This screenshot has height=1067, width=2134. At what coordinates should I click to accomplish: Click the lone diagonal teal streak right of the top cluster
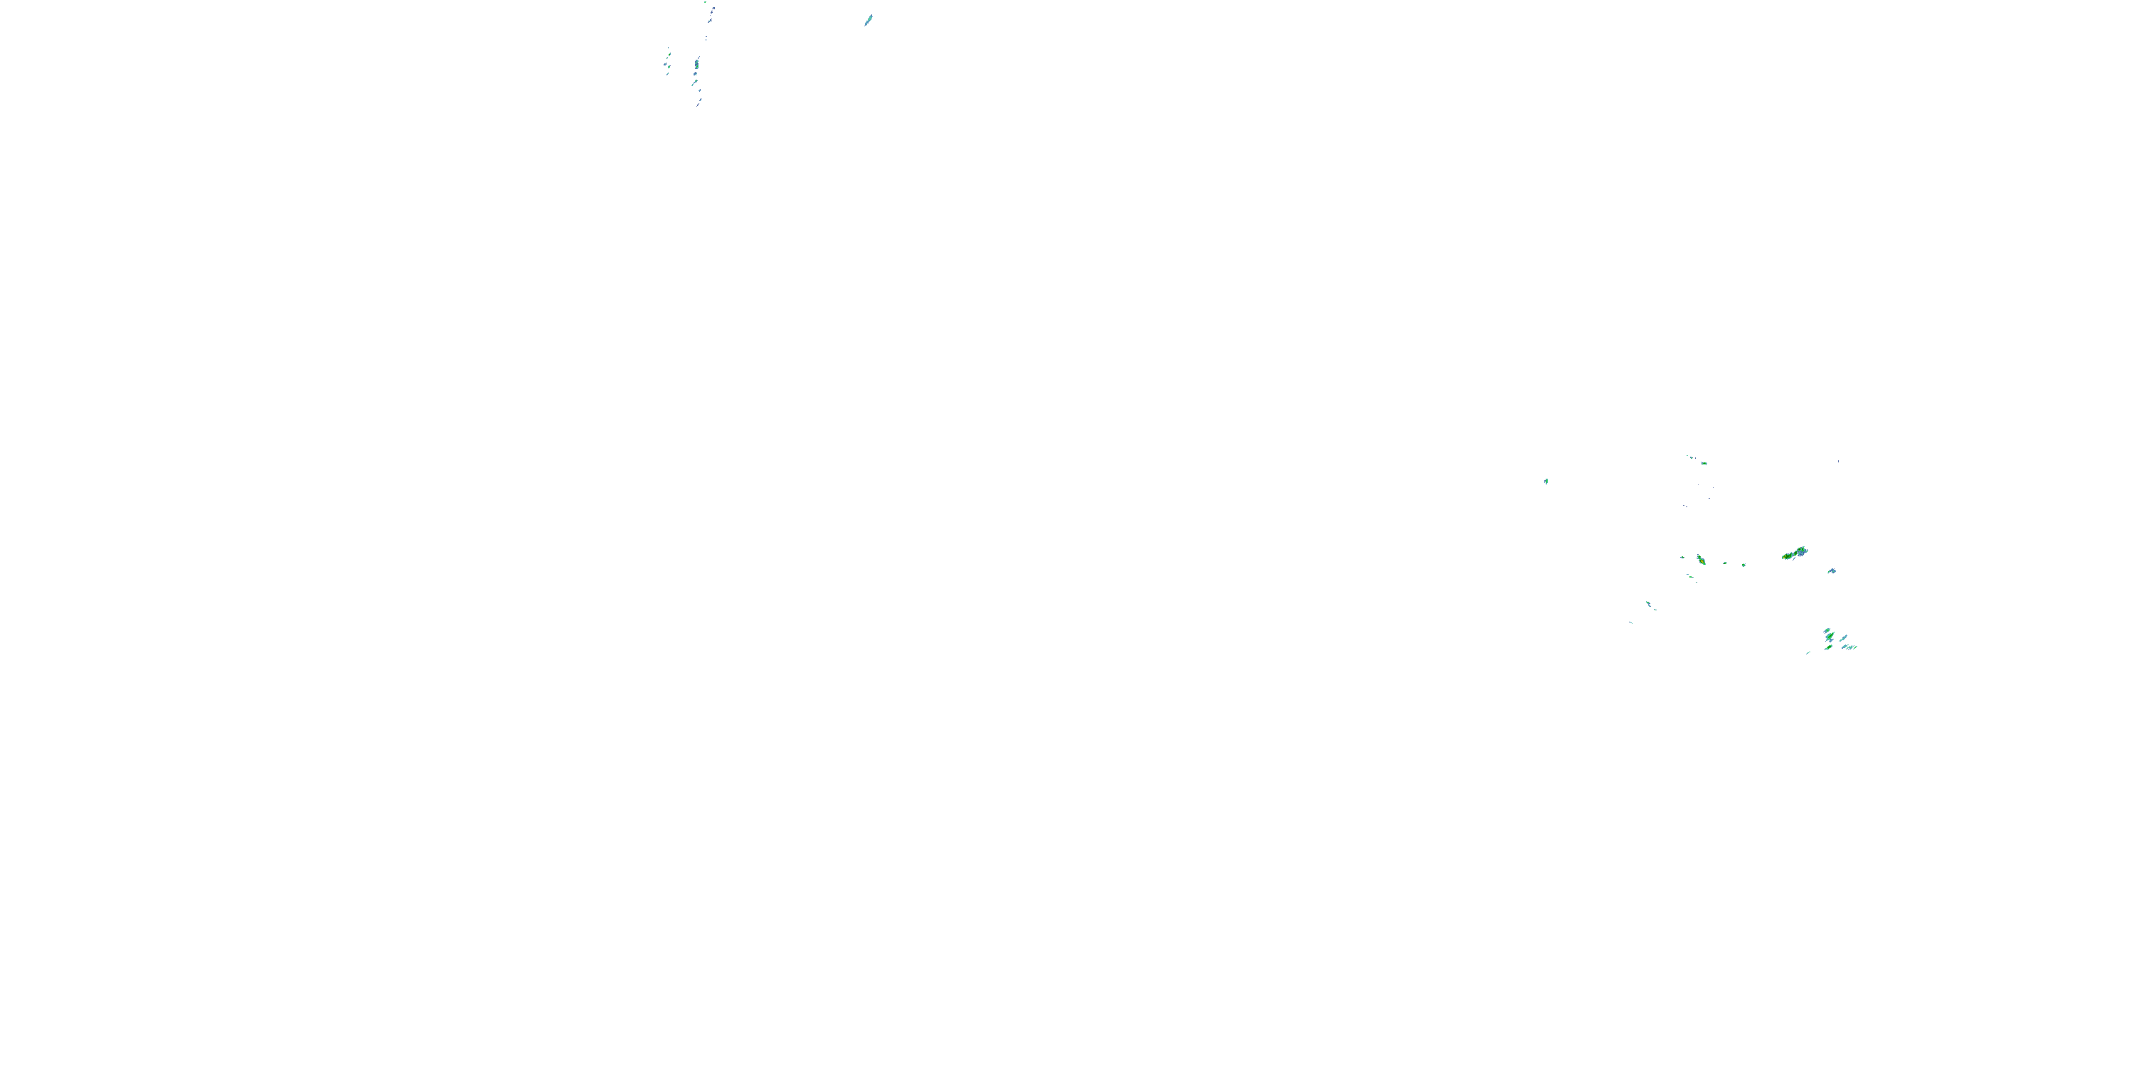pyautogui.click(x=868, y=20)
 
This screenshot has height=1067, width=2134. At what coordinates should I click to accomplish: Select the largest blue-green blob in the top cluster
pyautogui.click(x=696, y=64)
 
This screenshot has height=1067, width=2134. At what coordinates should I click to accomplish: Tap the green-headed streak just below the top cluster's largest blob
pyautogui.click(x=694, y=83)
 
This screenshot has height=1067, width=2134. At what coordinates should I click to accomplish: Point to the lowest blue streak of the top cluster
pyautogui.click(x=699, y=104)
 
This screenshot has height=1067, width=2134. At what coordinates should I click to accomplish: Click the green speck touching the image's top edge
pyautogui.click(x=706, y=2)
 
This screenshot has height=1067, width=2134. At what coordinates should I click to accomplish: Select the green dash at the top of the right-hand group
pyautogui.click(x=1703, y=463)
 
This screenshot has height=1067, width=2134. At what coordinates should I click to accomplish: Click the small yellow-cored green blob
pyautogui.click(x=1701, y=561)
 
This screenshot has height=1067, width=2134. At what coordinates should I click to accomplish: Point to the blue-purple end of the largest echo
pyautogui.click(x=1803, y=550)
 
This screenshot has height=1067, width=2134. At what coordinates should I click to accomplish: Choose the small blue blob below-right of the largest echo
pyautogui.click(x=1832, y=570)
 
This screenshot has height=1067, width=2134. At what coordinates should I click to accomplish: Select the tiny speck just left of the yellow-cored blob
pyautogui.click(x=1682, y=557)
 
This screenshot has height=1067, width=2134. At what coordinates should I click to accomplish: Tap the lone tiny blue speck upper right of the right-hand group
pyautogui.click(x=1838, y=462)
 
